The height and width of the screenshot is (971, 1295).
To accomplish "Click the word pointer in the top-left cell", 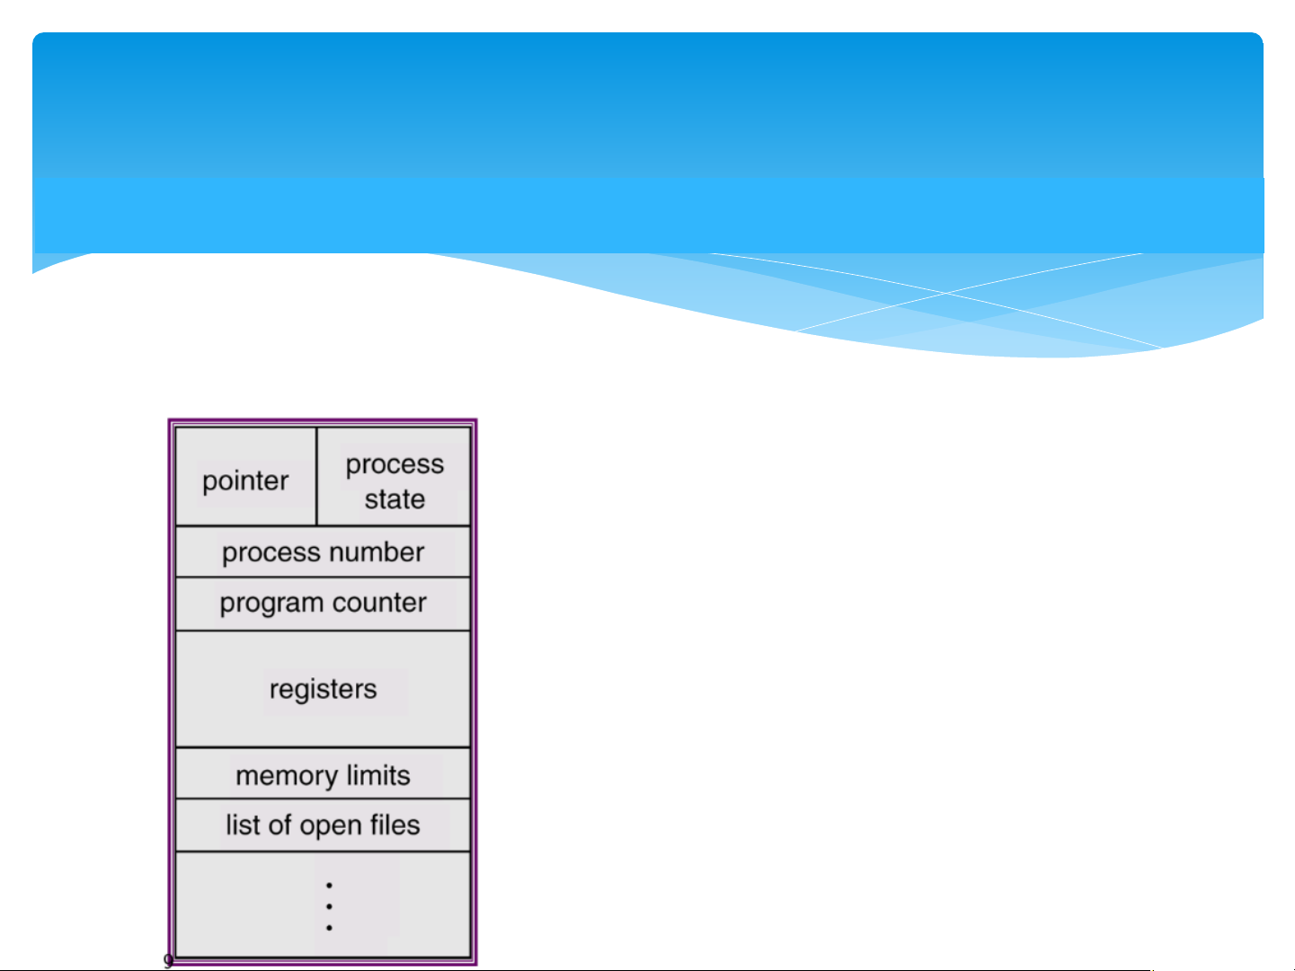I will (x=244, y=481).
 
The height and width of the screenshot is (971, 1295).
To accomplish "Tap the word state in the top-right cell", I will (x=395, y=499).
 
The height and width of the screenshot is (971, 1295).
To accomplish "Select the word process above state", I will (x=395, y=464).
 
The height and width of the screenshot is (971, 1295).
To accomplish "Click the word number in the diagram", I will (x=377, y=552).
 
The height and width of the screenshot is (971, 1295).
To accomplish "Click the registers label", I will (x=323, y=690).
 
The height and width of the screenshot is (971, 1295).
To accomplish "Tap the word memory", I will (x=286, y=776).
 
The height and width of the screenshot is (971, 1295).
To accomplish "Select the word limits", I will (x=378, y=775).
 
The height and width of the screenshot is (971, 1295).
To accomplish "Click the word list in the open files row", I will (x=243, y=825).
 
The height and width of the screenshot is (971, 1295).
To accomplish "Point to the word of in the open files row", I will (x=279, y=825).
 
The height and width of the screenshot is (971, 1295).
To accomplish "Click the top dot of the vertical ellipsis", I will (x=329, y=886).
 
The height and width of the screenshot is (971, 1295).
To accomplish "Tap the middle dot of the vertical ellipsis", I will (x=329, y=906).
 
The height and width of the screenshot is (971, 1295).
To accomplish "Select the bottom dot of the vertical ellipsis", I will (x=329, y=927).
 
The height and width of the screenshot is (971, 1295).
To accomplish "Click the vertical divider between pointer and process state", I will (x=316, y=476).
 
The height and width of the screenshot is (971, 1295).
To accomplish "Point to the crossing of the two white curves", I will (x=945, y=293).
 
